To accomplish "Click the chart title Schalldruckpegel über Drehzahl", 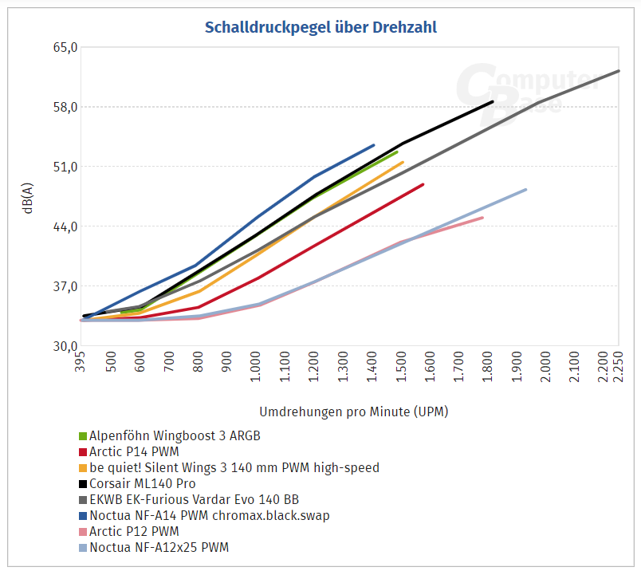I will pos(320,27).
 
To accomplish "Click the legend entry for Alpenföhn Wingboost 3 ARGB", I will pos(175,435).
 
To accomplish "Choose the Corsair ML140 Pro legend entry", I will pos(142,483).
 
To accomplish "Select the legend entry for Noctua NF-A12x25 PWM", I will pos(159,547).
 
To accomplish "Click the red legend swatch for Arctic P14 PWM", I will pos(83,451).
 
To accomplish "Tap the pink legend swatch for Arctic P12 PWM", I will pos(83,531).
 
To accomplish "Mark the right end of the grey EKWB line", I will pos(619,71).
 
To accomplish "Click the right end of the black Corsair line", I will pos(493,102).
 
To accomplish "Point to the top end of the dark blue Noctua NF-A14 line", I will pos(374,145).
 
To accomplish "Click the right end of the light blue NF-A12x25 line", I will pos(526,190).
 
